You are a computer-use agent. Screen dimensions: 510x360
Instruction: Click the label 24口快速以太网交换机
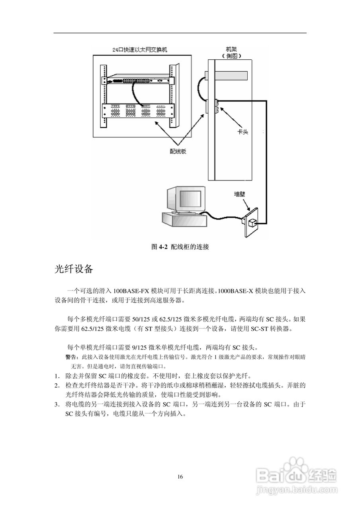(140, 50)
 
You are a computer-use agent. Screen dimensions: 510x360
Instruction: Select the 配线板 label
(178, 151)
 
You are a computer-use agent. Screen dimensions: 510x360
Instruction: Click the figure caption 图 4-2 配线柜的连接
(180, 247)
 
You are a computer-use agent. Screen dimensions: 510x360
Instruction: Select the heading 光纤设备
(74, 269)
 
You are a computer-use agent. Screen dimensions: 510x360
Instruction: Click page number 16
(180, 477)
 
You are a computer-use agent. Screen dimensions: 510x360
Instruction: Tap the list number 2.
(57, 386)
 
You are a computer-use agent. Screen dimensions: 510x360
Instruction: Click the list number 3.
(57, 405)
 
